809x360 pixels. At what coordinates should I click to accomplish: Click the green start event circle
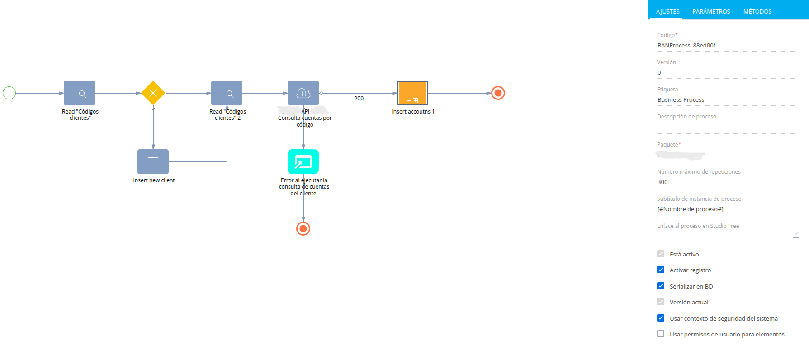[9, 93]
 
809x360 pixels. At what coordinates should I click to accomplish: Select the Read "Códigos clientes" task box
[79, 93]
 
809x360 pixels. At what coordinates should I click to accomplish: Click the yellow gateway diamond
[153, 93]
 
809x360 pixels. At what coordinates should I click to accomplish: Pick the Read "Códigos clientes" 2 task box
[227, 93]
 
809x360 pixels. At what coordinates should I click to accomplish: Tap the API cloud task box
[303, 93]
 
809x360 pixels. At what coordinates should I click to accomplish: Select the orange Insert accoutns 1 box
[412, 93]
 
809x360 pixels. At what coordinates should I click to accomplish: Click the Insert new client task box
[153, 162]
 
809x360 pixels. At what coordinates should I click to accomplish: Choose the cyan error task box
[303, 162]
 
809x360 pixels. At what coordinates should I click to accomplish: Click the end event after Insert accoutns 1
[498, 93]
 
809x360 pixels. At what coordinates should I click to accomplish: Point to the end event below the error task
[303, 229]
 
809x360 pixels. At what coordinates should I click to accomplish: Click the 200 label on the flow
[359, 99]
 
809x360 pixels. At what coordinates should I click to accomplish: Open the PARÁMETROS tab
[711, 12]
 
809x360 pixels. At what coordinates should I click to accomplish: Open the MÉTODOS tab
[757, 12]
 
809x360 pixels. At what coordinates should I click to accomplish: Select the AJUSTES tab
[668, 12]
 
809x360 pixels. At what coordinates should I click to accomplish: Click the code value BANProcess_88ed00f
[686, 46]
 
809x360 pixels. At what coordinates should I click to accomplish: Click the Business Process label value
[681, 100]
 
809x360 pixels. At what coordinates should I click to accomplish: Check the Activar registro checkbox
[661, 270]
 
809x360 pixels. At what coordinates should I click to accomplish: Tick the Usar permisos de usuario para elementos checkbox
[661, 334]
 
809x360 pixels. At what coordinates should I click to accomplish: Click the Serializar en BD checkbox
[661, 286]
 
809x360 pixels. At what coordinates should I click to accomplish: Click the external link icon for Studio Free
[796, 235]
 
